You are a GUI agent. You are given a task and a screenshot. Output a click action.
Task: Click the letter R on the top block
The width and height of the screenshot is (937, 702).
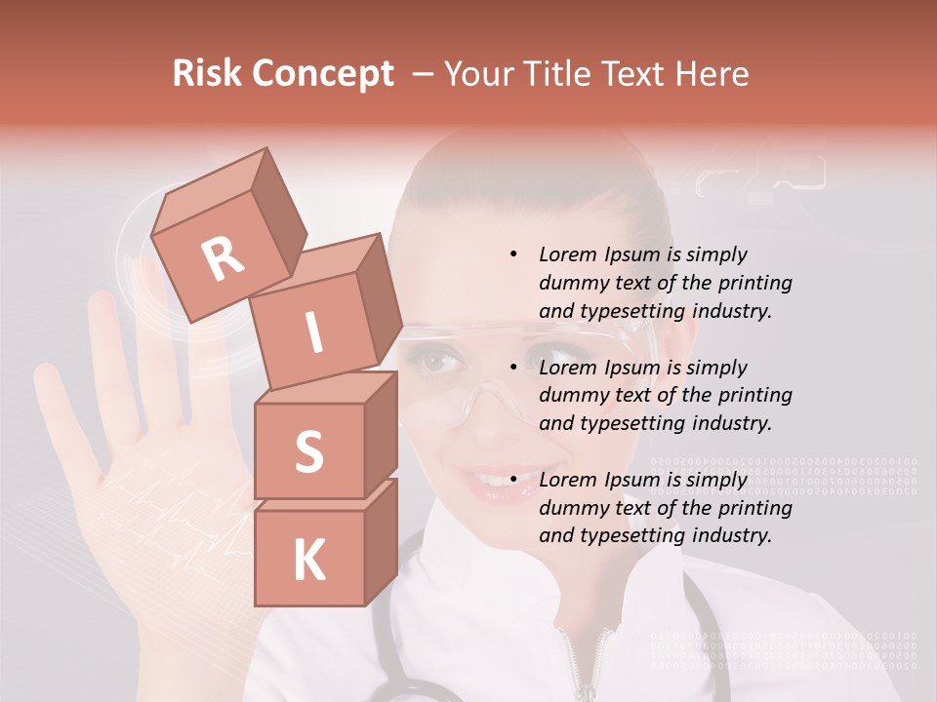pos(224,258)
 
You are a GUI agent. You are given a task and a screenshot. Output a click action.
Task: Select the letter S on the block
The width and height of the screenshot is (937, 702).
pos(308,452)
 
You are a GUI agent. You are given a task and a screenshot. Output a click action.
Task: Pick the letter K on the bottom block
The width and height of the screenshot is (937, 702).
pos(308,561)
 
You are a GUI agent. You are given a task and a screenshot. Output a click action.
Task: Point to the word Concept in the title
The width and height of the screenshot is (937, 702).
pos(321,74)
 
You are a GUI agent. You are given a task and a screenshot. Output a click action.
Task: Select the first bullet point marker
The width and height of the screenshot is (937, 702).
pos(513,254)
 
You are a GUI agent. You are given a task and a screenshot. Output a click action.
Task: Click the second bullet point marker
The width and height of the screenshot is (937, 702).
pos(513,368)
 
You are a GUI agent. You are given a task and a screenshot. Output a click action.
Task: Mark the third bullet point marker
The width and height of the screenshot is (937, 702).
pos(513,480)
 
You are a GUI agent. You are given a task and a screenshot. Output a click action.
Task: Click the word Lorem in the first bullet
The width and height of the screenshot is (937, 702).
pos(567,254)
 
